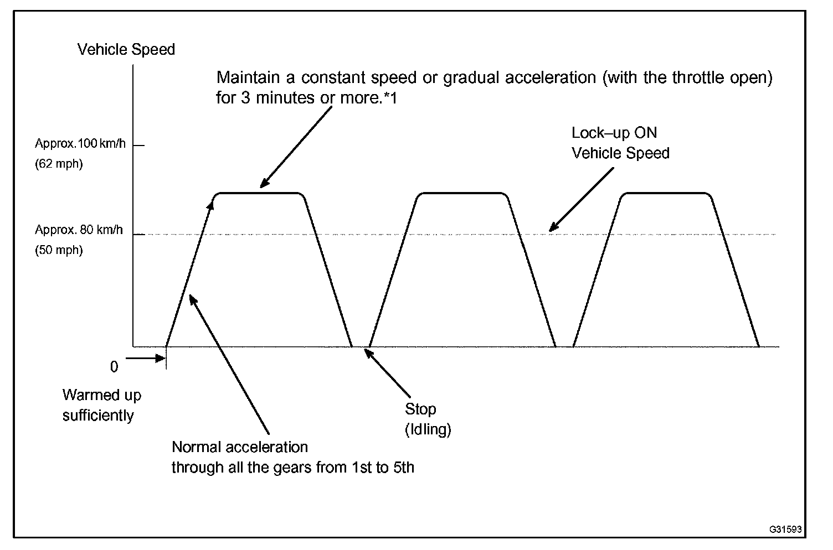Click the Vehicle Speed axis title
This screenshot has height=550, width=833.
pos(126,50)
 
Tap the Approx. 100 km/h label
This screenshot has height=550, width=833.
pos(80,144)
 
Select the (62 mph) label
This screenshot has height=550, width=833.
pos(59,164)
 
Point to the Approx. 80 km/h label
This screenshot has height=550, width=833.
pos(79,230)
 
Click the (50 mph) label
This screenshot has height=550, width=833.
pos(59,250)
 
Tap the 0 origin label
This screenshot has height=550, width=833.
pos(114,367)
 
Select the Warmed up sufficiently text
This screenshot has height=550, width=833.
pos(101,406)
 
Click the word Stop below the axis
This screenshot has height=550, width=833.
pos(420,409)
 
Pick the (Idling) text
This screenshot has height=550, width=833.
pos(428,429)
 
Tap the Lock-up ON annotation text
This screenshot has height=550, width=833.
pos(614,133)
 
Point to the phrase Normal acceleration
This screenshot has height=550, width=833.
pos(240,447)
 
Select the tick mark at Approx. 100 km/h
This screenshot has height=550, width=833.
pos(138,146)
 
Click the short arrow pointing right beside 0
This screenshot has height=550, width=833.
pos(146,358)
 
